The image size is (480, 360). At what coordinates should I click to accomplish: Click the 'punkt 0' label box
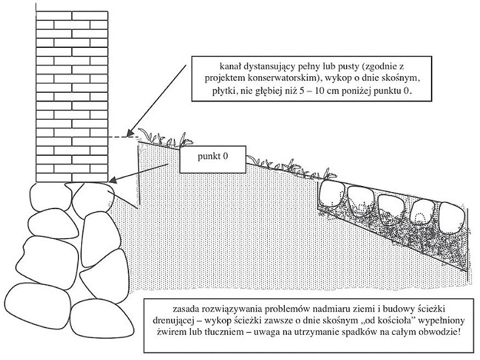click(212, 159)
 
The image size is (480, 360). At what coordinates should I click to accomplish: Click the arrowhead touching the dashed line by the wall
click(130, 133)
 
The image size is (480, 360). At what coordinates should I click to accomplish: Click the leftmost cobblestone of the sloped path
click(331, 194)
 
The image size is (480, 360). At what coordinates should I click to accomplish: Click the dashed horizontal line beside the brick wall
click(122, 137)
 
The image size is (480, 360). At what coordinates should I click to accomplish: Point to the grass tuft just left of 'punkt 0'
click(165, 140)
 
